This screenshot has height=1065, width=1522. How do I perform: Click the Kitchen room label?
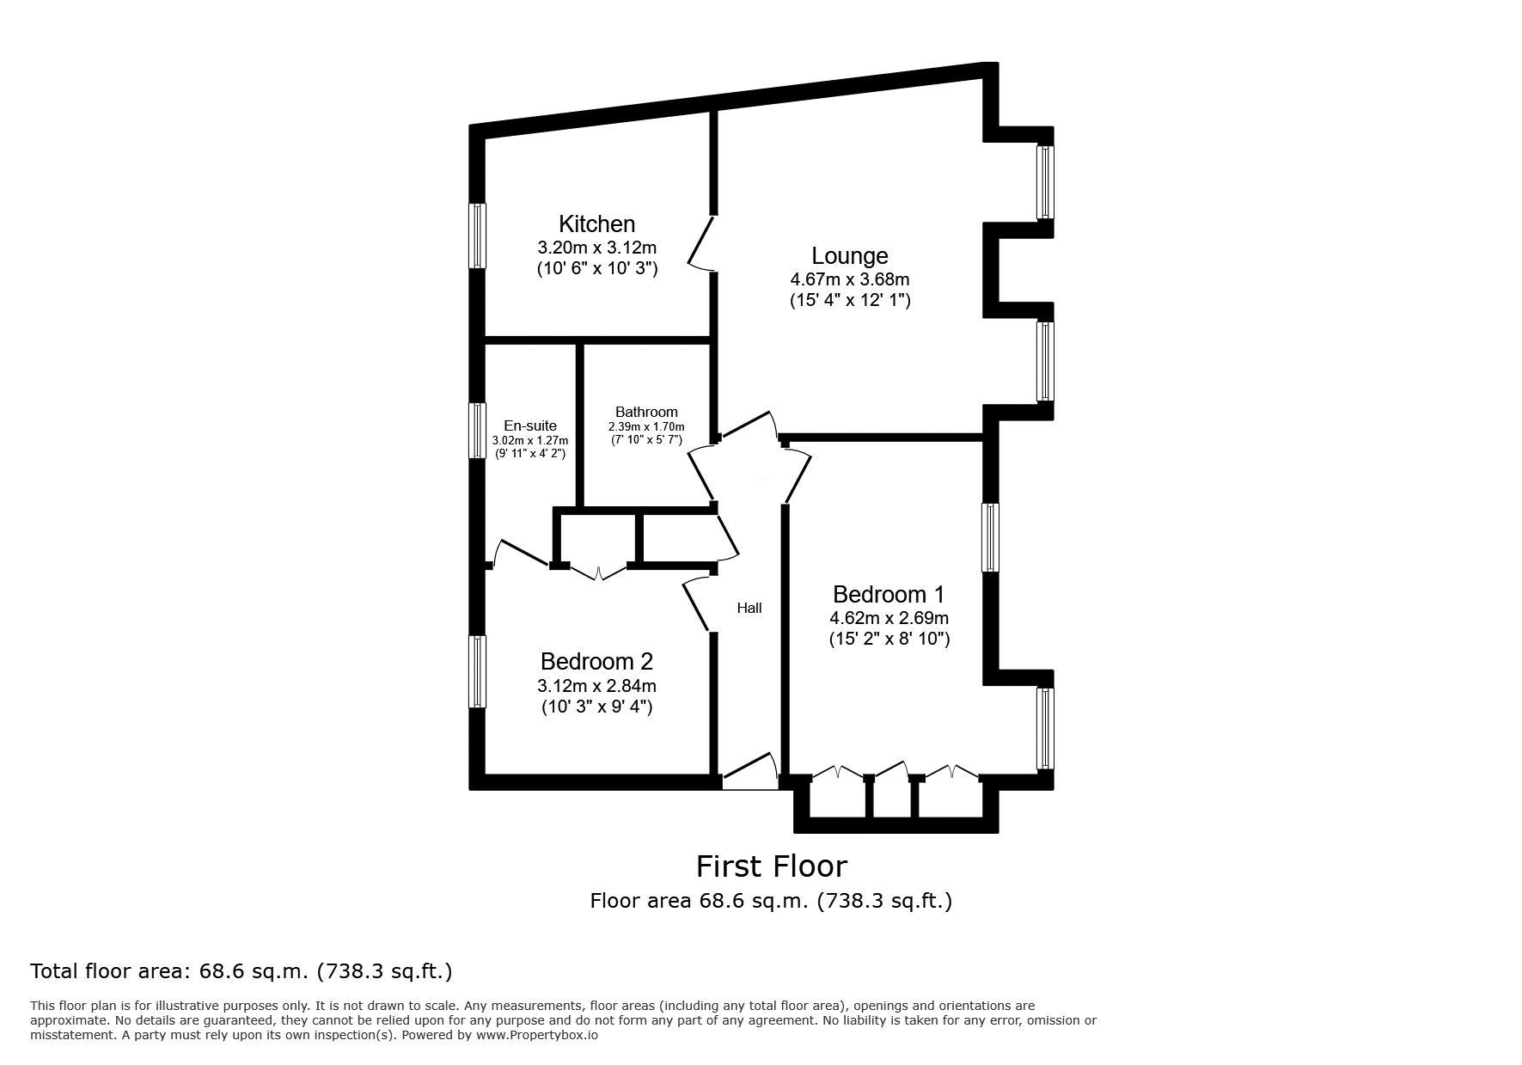(x=596, y=224)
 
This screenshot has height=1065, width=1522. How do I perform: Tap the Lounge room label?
(x=850, y=256)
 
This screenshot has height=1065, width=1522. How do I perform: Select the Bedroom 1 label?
(x=889, y=594)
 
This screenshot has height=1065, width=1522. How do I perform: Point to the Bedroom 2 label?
(x=596, y=662)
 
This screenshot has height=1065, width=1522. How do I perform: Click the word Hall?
(x=749, y=609)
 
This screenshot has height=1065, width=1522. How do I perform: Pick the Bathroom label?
(x=646, y=413)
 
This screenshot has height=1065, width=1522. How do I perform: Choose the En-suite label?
(x=530, y=426)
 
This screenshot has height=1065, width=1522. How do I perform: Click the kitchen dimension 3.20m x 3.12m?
(x=596, y=248)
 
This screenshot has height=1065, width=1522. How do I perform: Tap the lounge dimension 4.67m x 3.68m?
(x=850, y=279)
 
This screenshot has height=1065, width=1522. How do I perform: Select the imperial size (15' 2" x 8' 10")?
(x=889, y=640)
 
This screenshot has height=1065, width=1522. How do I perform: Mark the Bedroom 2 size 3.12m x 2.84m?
(x=596, y=686)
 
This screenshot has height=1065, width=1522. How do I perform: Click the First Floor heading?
(x=772, y=866)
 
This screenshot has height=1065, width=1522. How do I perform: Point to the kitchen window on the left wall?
(x=477, y=236)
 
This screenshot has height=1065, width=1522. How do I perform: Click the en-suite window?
(x=477, y=431)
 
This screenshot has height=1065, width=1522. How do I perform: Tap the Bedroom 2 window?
(x=477, y=671)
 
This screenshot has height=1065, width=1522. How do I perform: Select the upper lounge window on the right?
(x=1045, y=182)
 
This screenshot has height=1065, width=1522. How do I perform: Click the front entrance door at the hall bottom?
(x=750, y=771)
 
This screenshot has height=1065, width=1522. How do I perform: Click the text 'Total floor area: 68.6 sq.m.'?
(x=170, y=972)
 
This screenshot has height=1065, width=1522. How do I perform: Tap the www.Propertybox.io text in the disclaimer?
(x=537, y=1036)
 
